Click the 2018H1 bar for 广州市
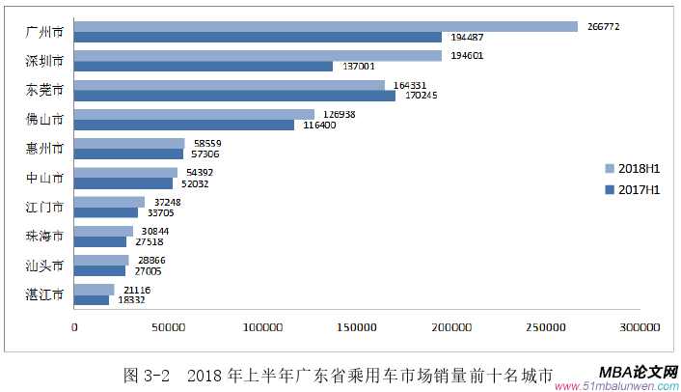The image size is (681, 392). coord(326,27)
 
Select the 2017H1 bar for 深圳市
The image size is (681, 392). coord(204,67)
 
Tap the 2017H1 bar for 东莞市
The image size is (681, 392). coord(234,96)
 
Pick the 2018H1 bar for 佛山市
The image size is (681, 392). coord(194,114)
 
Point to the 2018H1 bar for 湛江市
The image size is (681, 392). coord(95,290)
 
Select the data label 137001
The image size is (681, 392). coord(354,67)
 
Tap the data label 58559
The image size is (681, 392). coord(204,143)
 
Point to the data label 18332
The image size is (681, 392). coord(131,300)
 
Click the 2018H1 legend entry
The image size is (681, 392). coord(631,168)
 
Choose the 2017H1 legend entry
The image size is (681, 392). coord(631,189)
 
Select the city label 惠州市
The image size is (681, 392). coord(44,149)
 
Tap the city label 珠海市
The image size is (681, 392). coord(44,237)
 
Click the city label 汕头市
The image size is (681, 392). coord(44,266)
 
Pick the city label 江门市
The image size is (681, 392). coord(44,207)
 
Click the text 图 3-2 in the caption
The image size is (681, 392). coord(148,374)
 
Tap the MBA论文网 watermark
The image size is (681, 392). coord(638,371)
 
